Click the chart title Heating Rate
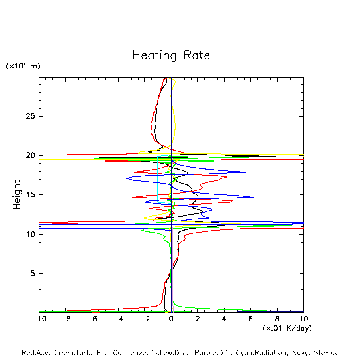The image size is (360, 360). pos(171,55)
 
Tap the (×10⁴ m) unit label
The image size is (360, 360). pos(23,66)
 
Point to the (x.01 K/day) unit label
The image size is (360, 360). pos(287,328)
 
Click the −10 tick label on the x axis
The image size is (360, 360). pos(39,319)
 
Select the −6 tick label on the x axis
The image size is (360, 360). pos(92,319)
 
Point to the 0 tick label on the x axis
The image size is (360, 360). pos(171,319)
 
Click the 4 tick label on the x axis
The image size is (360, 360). pos(224,319)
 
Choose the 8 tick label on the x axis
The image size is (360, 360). pos(277,319)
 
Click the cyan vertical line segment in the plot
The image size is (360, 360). pos(158,179)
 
